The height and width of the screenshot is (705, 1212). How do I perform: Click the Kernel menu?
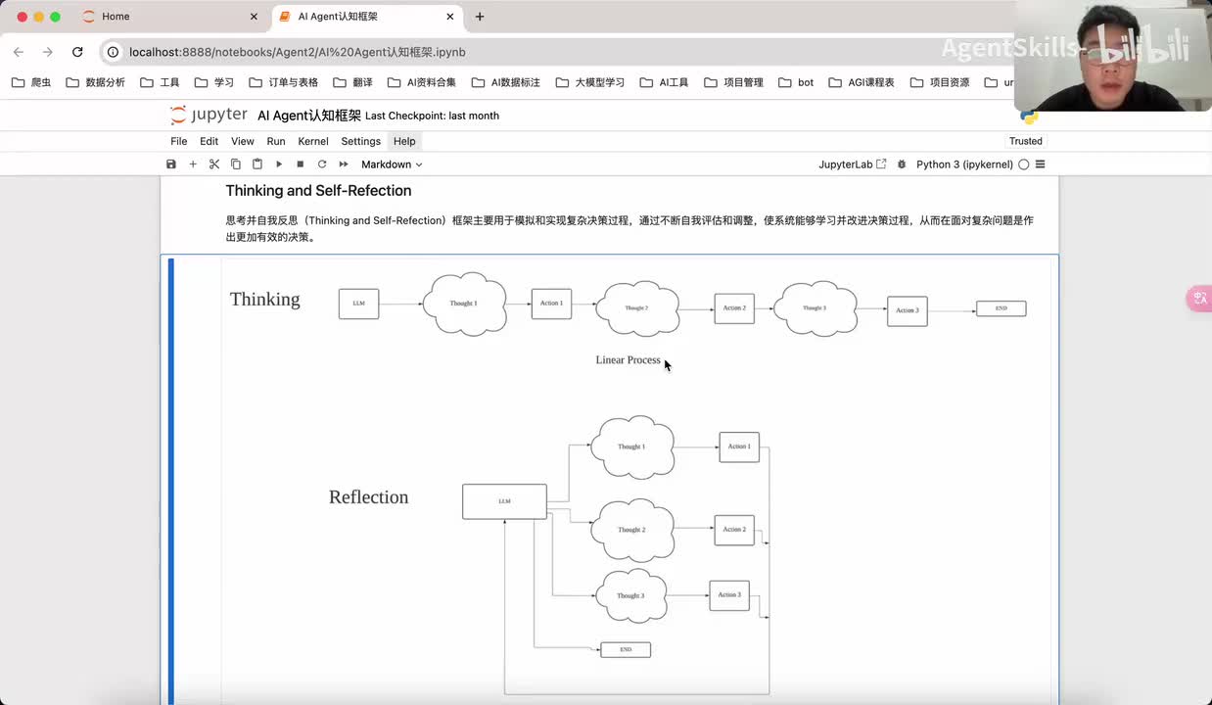pos(313,141)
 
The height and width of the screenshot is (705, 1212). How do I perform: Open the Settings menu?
pos(360,141)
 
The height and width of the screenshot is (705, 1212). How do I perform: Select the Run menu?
pos(276,141)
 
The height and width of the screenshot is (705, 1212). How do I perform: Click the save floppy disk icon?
pos(171,164)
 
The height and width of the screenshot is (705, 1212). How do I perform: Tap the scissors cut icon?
pos(214,164)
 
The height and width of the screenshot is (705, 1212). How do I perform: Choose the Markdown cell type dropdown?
pos(392,164)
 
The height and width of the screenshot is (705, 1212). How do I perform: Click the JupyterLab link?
pos(852,164)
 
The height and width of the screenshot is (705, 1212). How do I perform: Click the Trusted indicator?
pos(1025,141)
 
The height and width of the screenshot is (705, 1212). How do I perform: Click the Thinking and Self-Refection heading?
pos(318,191)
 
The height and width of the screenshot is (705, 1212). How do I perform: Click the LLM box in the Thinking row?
pos(358,304)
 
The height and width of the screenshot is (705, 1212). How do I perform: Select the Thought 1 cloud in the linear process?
pos(464,304)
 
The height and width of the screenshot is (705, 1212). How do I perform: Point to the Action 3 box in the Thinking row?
pos(907,310)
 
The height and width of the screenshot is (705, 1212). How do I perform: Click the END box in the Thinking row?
pos(1001,308)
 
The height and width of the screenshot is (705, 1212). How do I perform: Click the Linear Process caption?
pos(628,360)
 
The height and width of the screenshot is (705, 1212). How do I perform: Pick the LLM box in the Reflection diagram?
pos(504,501)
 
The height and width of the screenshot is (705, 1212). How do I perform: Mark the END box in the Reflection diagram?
pos(626,649)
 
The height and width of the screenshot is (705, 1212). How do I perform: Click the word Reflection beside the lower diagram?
pos(368,497)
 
